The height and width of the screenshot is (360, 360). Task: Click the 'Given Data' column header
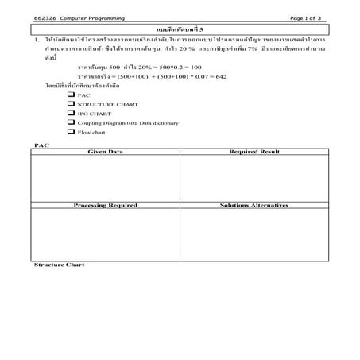pyautogui.click(x=105, y=150)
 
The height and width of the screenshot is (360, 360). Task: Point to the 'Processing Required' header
pyautogui.click(x=105, y=205)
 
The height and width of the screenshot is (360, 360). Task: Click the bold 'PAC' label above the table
pyautogui.click(x=40, y=145)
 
